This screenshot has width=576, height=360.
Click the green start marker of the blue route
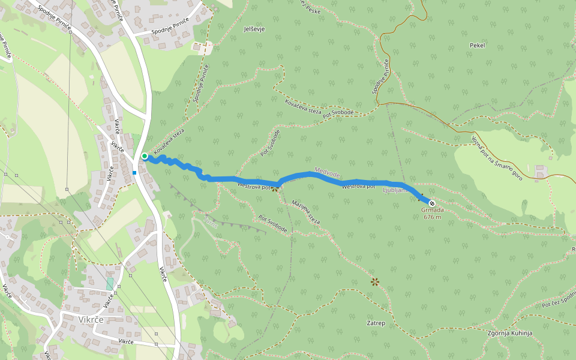pos(145,156)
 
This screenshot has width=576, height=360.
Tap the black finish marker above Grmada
pos(432,203)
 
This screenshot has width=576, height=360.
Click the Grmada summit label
pos(432,210)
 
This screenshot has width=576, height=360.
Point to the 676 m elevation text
pos(432,217)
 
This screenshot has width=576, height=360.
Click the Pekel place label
pos(478,45)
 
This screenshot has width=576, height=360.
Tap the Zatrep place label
pos(376,323)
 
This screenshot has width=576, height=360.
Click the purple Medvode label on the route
pos(326,173)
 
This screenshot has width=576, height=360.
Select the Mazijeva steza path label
pos(305,212)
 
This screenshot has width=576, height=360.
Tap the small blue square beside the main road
pos(134,173)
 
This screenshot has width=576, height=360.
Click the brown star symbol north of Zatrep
pos(375,281)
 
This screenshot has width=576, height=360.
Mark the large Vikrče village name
pos(92,320)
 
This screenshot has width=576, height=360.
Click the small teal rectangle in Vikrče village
pos(110,284)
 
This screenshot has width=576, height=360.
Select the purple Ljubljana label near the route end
pos(395,190)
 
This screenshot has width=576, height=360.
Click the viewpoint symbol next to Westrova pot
pos(275,188)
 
